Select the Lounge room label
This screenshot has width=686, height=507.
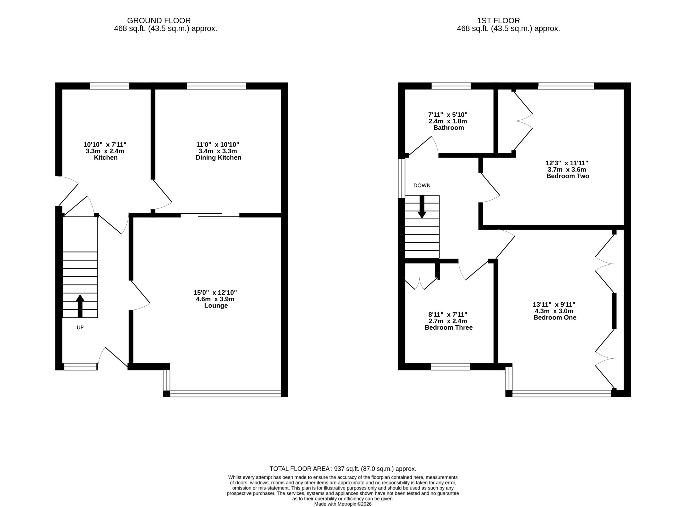click(216, 306)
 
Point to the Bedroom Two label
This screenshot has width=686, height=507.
click(568, 176)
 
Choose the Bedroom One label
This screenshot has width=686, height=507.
click(555, 318)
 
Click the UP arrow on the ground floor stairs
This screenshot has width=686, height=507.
click(80, 306)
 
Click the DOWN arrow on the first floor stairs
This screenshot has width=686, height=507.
click(422, 207)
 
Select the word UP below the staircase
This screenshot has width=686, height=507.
click(80, 328)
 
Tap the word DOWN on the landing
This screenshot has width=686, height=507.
click(422, 186)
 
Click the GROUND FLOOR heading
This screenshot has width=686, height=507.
click(159, 21)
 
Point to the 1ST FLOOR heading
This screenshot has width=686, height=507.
click(498, 21)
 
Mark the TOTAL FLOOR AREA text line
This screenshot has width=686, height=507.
click(343, 469)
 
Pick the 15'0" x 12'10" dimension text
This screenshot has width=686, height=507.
click(215, 293)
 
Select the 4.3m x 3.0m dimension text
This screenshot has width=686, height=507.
click(554, 311)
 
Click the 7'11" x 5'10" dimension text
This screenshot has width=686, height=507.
click(448, 115)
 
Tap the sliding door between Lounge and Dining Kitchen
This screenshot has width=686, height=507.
click(210, 215)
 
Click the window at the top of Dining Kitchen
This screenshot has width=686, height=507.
click(217, 86)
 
